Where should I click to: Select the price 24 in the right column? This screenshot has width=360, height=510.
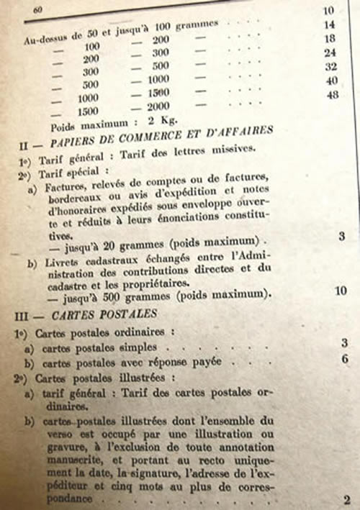pyautogui.click(x=330, y=53)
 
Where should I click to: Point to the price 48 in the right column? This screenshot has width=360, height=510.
pyautogui.click(x=332, y=95)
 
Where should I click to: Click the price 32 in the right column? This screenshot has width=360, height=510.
pyautogui.click(x=331, y=67)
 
